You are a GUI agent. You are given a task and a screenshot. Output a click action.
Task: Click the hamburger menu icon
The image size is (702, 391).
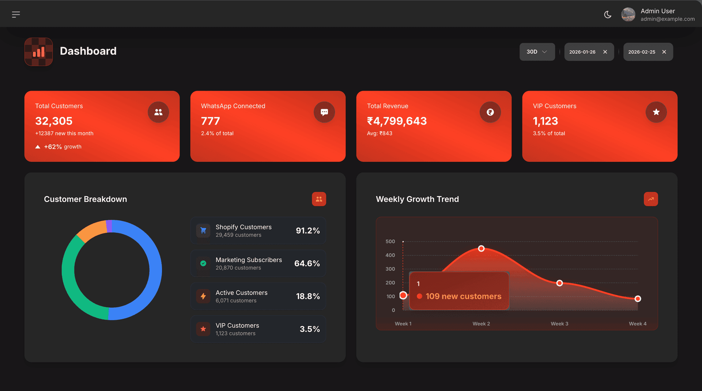tap(16, 15)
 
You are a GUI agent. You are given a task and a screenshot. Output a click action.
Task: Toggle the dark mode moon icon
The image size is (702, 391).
tap(608, 15)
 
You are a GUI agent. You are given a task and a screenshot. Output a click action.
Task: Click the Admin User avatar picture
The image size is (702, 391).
tap(628, 15)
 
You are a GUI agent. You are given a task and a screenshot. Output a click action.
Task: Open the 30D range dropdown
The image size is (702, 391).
tap(537, 52)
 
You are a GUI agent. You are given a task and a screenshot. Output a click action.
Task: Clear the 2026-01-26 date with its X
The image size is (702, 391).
tap(605, 52)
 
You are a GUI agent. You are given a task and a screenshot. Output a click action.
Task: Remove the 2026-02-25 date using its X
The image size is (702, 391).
tap(664, 52)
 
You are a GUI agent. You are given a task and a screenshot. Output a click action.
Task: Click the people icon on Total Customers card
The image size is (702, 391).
tap(158, 112)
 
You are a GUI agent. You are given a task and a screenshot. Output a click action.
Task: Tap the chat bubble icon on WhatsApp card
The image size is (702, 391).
tap(324, 112)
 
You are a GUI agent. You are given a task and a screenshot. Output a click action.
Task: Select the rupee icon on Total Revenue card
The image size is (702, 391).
tap(490, 112)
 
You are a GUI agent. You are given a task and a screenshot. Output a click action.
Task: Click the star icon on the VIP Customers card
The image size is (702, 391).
tap(656, 112)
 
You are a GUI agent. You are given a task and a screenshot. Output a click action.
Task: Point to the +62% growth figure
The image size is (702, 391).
tap(53, 147)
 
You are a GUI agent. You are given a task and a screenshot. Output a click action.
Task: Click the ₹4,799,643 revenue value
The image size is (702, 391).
tap(397, 121)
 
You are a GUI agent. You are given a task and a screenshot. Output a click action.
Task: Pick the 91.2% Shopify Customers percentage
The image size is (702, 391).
tap(307, 231)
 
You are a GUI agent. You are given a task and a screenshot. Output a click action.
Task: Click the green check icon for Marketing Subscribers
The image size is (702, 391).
tap(203, 263)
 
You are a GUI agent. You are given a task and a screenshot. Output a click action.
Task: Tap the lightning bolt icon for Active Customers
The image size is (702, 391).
tap(203, 296)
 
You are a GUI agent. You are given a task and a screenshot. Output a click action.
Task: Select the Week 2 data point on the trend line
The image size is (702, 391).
tap(481, 248)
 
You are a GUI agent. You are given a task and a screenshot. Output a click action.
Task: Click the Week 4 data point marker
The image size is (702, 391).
tap(638, 299)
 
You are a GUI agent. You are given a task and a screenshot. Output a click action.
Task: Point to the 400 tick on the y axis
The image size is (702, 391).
tap(390, 255)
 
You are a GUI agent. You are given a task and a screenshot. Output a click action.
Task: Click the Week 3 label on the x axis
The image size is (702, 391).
tap(559, 324)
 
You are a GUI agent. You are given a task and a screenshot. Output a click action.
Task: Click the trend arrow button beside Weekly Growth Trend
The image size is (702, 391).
tap(651, 199)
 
